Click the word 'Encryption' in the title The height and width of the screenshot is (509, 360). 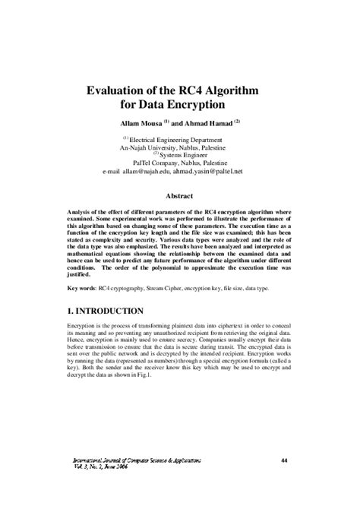(197, 104)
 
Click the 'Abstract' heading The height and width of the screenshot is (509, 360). (180, 194)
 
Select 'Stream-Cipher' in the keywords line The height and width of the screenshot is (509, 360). (176, 289)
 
